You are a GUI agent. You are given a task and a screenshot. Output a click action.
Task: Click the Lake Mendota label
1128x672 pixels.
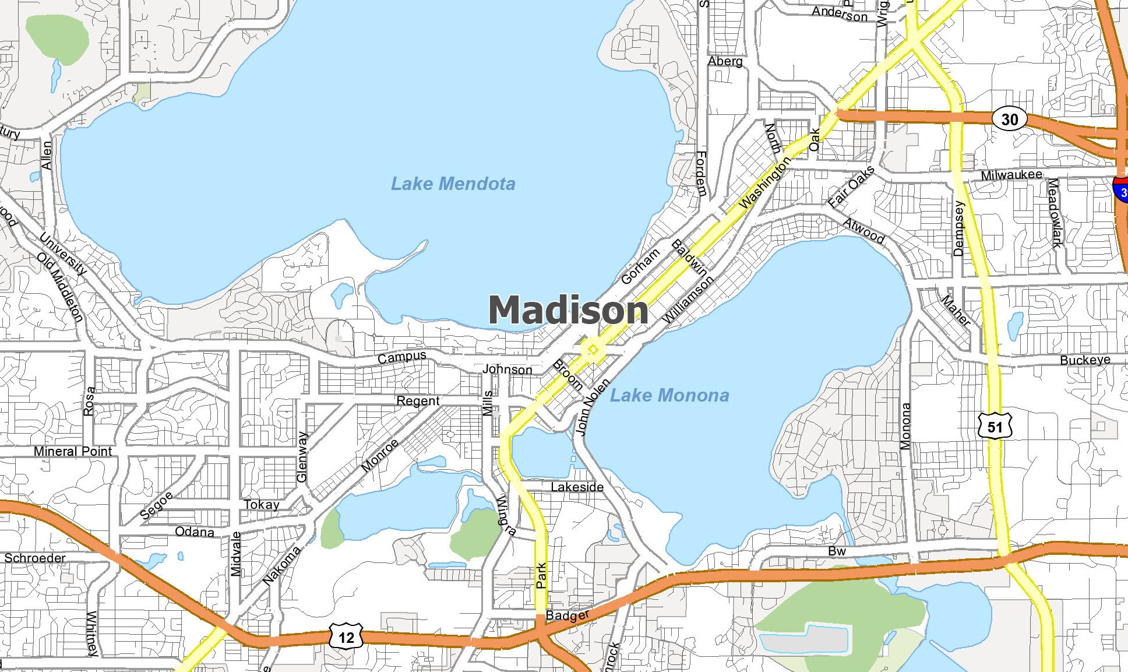pyautogui.click(x=453, y=184)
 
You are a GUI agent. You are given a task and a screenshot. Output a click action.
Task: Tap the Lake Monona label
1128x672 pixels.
pyautogui.click(x=669, y=396)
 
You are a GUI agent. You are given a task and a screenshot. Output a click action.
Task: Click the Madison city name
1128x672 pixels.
pyautogui.click(x=568, y=309)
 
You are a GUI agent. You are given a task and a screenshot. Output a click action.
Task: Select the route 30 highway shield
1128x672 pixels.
pyautogui.click(x=1009, y=119)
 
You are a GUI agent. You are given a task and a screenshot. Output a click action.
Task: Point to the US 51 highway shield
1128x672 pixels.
pyautogui.click(x=995, y=427)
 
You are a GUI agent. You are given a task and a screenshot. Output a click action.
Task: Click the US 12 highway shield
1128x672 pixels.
pyautogui.click(x=346, y=637)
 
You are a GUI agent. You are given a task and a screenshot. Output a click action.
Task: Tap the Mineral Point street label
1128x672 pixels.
pyautogui.click(x=73, y=451)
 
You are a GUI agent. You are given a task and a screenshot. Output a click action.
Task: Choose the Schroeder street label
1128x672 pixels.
pyautogui.click(x=35, y=558)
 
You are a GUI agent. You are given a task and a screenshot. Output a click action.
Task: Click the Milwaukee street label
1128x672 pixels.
pyautogui.click(x=1011, y=175)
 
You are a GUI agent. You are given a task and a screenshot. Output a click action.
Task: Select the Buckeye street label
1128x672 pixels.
pyautogui.click(x=1085, y=360)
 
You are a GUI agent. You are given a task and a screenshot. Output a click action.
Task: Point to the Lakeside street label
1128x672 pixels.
pyautogui.click(x=577, y=487)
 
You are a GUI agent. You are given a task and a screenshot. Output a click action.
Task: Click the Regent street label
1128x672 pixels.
pyautogui.click(x=418, y=401)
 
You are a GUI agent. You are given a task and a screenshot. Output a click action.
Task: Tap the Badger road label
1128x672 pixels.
pyautogui.click(x=567, y=615)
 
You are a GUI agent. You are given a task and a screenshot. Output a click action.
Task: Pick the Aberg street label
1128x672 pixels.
pyautogui.click(x=725, y=61)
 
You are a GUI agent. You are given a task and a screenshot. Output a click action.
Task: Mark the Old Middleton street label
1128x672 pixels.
pyautogui.click(x=60, y=287)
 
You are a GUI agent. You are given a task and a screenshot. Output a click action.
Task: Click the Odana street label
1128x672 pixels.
pyautogui.click(x=195, y=532)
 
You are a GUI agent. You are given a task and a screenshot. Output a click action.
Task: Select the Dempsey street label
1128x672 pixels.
pyautogui.click(x=959, y=228)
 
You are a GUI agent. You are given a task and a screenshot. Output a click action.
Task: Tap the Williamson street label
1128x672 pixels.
pyautogui.click(x=688, y=299)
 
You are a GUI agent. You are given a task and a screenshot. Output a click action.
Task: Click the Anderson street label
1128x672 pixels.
pyautogui.click(x=840, y=13)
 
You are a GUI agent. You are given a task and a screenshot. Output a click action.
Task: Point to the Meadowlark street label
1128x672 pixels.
pyautogui.click(x=1055, y=213)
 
